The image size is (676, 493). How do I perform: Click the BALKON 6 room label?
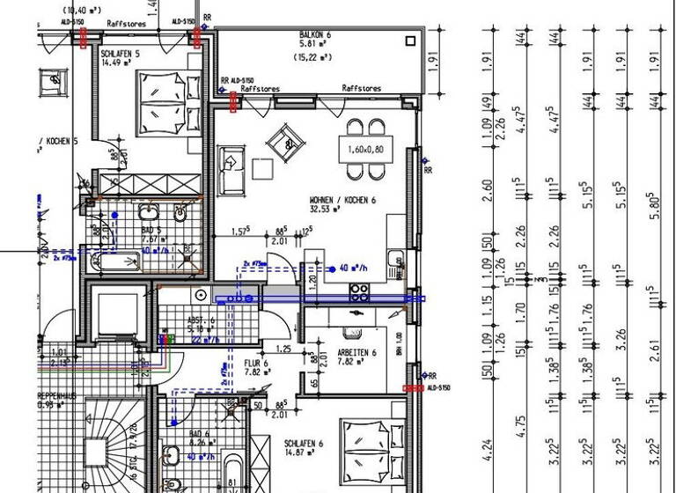coord(314,34)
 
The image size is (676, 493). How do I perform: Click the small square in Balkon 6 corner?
coord(410,40)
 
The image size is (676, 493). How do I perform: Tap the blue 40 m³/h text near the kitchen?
coord(355,270)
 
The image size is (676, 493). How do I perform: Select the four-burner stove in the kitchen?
coord(359,292)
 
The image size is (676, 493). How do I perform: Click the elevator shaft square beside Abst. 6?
coord(114,312)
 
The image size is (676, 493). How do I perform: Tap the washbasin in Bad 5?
coord(148,214)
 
